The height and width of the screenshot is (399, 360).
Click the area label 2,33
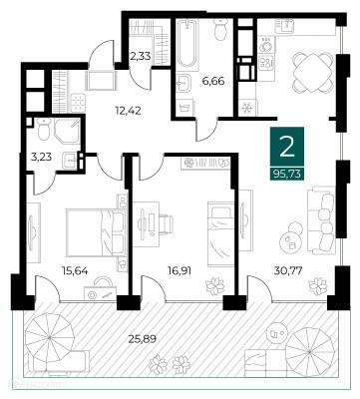[x=141, y=56]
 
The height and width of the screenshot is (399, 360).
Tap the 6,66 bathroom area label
[x=213, y=81]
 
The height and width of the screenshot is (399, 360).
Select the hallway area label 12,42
[x=128, y=111]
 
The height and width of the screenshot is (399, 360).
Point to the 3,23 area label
[x=41, y=157]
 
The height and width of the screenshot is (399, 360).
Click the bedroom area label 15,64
[x=75, y=271]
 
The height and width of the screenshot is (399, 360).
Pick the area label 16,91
[x=180, y=271]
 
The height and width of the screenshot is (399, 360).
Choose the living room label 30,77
[x=288, y=271]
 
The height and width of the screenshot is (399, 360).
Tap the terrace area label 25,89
[x=143, y=339]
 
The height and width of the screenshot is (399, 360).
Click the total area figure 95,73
[x=287, y=174]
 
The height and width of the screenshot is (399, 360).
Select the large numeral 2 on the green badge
[x=287, y=148]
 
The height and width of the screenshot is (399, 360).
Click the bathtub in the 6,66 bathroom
[x=186, y=43]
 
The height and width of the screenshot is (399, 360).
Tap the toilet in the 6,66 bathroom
[x=220, y=29]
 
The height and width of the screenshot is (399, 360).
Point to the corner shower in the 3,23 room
[x=67, y=131]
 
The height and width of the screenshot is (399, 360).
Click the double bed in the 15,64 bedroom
[x=96, y=232]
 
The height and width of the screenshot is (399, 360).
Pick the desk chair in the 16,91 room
[x=166, y=223]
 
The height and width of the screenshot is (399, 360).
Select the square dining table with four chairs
[x=313, y=74]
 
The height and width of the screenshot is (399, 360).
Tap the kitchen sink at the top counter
[x=284, y=26]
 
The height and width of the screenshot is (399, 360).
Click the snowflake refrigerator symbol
[x=247, y=109]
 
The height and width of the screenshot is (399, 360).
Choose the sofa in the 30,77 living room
[x=321, y=221]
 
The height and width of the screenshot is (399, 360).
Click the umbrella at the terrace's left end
[x=50, y=338]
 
